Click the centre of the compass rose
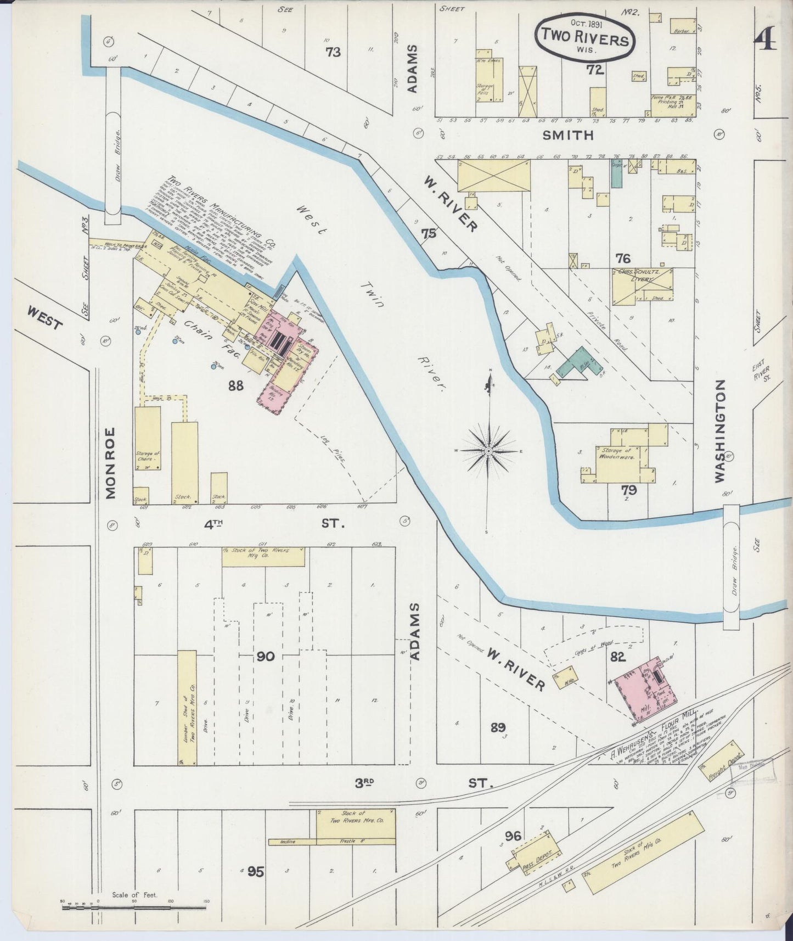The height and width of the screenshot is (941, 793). [x=488, y=451]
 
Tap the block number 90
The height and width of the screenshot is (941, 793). [x=266, y=657]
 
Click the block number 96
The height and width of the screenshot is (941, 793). [x=513, y=836]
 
